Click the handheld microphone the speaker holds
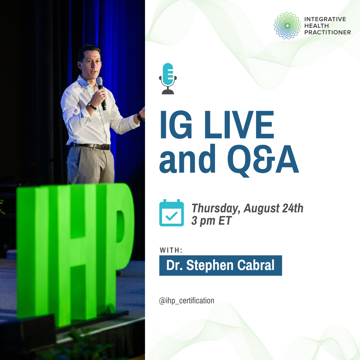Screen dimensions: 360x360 [x=101, y=93]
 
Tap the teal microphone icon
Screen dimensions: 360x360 [x=168, y=79]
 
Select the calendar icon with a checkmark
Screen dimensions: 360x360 [x=172, y=213]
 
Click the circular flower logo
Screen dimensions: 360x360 [x=287, y=25]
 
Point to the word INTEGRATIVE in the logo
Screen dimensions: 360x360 [x=325, y=19]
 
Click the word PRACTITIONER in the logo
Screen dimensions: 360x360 [x=328, y=32]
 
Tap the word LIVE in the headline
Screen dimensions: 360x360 [x=239, y=125]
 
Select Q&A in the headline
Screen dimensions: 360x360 [x=263, y=160]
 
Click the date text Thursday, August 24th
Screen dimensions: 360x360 [x=247, y=208]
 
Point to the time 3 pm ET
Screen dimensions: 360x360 [x=211, y=221]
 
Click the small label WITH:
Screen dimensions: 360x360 [x=171, y=250]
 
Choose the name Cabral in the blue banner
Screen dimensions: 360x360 [x=256, y=265]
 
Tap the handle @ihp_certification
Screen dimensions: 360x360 [x=186, y=301]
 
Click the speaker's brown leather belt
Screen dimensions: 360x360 [x=90, y=146]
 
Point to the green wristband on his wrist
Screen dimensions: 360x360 [x=92, y=106]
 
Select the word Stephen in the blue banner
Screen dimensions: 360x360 [x=210, y=266]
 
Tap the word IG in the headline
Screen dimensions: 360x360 [x=176, y=125]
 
